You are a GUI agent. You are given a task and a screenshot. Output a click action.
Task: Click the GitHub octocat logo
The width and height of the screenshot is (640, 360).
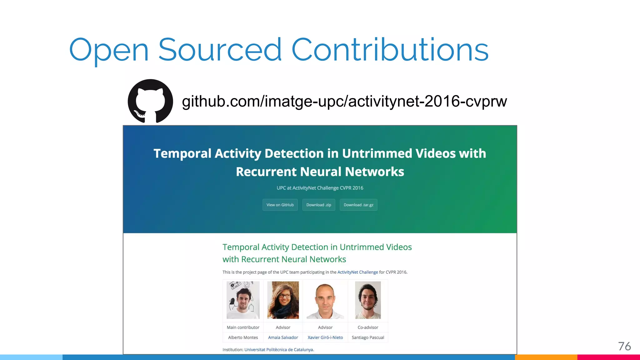[x=150, y=101]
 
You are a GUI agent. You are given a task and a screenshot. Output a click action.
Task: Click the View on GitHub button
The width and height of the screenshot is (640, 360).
[x=280, y=205]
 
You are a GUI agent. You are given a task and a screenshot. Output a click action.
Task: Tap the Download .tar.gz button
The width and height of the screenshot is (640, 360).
[x=358, y=205]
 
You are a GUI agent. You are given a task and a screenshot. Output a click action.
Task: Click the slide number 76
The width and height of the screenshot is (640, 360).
[x=624, y=346]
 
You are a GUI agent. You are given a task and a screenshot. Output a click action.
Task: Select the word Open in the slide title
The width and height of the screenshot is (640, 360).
[x=109, y=50]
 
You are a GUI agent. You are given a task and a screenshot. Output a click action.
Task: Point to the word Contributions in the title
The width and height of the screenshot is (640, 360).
[x=390, y=50]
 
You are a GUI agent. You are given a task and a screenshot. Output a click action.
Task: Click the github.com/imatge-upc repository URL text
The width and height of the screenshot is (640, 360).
[x=344, y=101]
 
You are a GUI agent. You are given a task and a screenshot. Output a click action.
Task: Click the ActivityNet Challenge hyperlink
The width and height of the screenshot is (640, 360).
[x=357, y=272]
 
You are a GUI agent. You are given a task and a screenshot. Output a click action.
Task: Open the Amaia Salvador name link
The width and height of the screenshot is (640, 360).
[x=283, y=337]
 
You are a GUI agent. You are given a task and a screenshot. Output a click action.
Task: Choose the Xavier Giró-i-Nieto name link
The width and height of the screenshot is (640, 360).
[x=325, y=337]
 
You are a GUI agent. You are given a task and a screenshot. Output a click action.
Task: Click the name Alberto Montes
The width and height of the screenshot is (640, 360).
[x=243, y=337]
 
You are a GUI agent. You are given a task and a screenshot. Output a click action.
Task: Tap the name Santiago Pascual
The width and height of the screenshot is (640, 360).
[x=368, y=337]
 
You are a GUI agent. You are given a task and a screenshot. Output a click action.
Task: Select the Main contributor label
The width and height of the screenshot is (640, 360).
[x=243, y=327]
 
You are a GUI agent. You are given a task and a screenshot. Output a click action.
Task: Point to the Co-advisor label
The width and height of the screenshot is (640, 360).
[x=368, y=327]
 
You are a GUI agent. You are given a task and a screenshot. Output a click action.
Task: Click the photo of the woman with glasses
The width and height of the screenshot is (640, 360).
[x=283, y=300]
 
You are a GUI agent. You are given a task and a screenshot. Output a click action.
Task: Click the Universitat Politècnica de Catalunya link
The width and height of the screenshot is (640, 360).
[x=279, y=350]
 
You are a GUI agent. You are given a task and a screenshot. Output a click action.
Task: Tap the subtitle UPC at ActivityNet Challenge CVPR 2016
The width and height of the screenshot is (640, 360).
[x=320, y=188]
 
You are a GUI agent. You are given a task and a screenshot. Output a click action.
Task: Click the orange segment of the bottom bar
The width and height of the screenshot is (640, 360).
[x=546, y=357]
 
